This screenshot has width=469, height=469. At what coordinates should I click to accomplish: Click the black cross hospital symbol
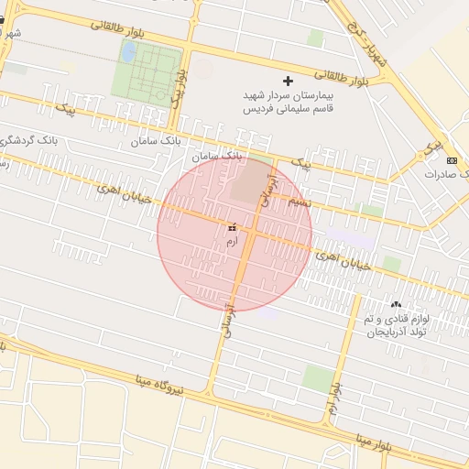tap(289, 82)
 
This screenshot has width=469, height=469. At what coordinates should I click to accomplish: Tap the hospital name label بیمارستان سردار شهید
tap(289, 95)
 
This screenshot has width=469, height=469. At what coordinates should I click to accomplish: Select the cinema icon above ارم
tap(231, 226)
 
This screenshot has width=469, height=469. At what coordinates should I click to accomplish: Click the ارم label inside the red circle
tap(231, 240)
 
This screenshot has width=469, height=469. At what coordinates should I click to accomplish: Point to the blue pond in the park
tap(129, 51)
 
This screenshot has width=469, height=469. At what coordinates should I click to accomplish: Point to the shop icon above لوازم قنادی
tap(396, 304)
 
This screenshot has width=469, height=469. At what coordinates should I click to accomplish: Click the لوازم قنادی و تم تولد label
tap(396, 324)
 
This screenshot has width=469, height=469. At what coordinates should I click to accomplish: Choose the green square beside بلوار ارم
tap(319, 376)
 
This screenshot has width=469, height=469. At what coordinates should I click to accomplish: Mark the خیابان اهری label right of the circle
tap(343, 261)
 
